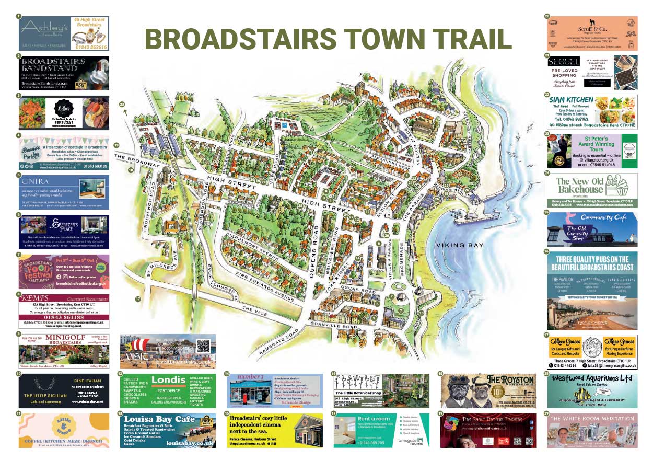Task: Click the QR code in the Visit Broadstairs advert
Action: point(204,346)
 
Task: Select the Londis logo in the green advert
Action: point(168,380)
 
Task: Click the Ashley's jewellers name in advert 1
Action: point(44,26)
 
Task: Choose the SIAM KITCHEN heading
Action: point(572,100)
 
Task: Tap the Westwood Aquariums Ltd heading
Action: point(592,378)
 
